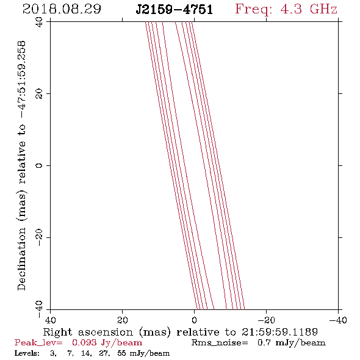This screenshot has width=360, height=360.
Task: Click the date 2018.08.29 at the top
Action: coord(62,9)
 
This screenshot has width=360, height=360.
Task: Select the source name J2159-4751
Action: coord(174,10)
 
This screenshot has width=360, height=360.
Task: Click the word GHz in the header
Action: coord(323,9)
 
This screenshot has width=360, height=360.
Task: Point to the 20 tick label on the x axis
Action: coord(122,320)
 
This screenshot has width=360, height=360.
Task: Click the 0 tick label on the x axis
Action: coord(194,320)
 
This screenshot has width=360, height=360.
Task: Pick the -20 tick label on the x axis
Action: coord(266,320)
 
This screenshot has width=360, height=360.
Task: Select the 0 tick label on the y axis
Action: coord(39,165)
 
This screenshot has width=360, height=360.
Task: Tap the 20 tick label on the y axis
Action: coord(39,94)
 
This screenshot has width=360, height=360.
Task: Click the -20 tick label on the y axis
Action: coord(39,237)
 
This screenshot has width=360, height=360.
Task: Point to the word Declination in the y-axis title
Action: coord(21,259)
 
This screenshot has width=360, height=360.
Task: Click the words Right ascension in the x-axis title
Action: coord(88,332)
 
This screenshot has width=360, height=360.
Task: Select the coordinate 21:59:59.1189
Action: coord(279,332)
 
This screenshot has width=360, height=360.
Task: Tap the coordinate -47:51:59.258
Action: coord(21,80)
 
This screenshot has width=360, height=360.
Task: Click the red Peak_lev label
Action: coord(38,343)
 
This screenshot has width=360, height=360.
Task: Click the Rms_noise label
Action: coord(220,343)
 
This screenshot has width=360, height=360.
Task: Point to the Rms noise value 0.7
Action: coord(264,342)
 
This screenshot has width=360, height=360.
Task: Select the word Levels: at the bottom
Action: coord(27,353)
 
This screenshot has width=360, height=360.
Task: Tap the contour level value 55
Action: coord(121,353)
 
